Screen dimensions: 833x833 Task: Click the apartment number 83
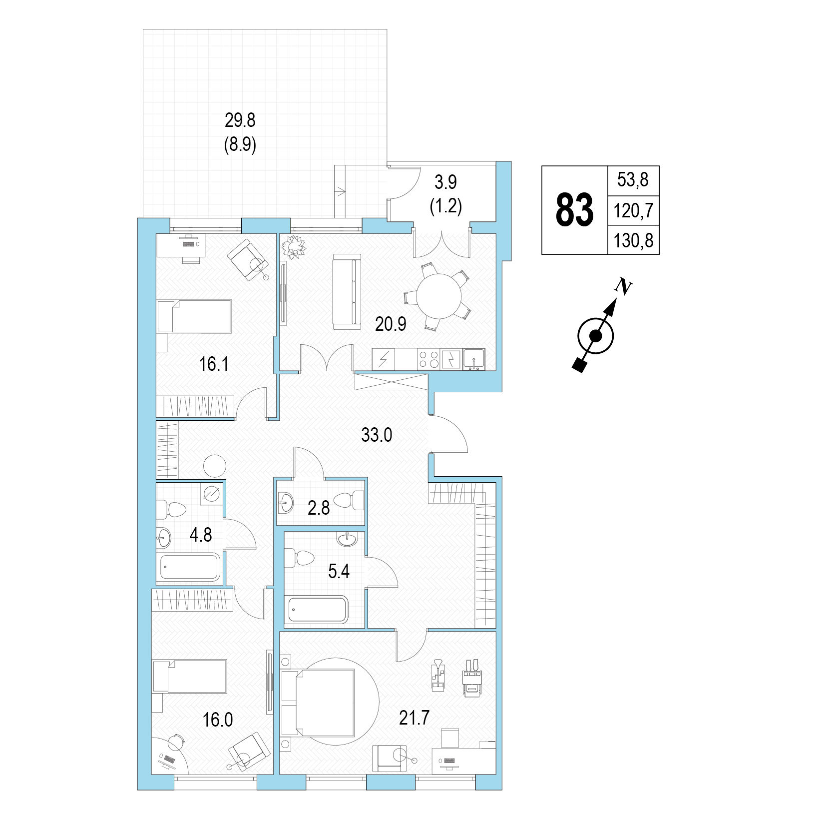[x=574, y=210]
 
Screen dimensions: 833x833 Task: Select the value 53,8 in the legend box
[x=633, y=180]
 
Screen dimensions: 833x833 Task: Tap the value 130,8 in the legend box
[x=633, y=241]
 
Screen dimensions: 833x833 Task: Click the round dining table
[x=439, y=296]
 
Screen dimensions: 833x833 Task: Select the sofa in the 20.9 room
[x=347, y=291]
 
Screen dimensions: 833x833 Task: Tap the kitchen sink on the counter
[x=474, y=359]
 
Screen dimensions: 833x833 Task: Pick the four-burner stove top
[x=428, y=359]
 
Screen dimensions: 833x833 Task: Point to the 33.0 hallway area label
[x=377, y=435]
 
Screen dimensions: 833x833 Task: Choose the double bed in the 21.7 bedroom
[x=318, y=703]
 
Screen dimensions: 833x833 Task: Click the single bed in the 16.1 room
[x=194, y=316]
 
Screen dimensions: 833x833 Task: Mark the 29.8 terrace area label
[x=240, y=120]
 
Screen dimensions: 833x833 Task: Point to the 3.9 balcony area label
[x=445, y=182]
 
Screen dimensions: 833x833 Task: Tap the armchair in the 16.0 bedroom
[x=249, y=751]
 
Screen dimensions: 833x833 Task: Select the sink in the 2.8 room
[x=285, y=502]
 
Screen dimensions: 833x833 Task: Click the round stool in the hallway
[x=215, y=466]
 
